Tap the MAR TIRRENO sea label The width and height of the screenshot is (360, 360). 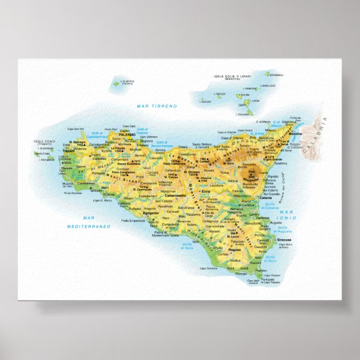point(157,106)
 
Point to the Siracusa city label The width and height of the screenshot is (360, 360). point(285,239)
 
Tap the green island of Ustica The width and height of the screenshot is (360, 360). point(116,84)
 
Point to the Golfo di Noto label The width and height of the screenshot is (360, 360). point(271,260)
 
